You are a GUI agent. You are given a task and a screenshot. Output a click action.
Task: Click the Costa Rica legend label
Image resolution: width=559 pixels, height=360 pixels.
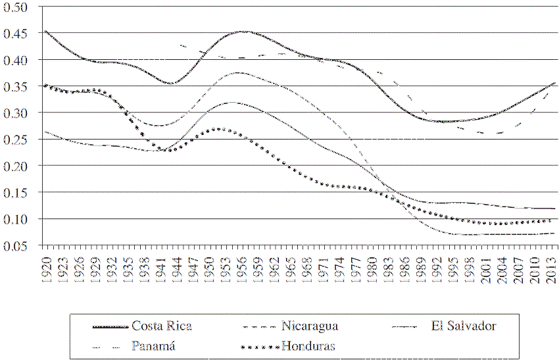pyautogui.click(x=161, y=325)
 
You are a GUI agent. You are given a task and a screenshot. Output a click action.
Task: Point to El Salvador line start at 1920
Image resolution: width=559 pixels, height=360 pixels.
pyautogui.click(x=45, y=132)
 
